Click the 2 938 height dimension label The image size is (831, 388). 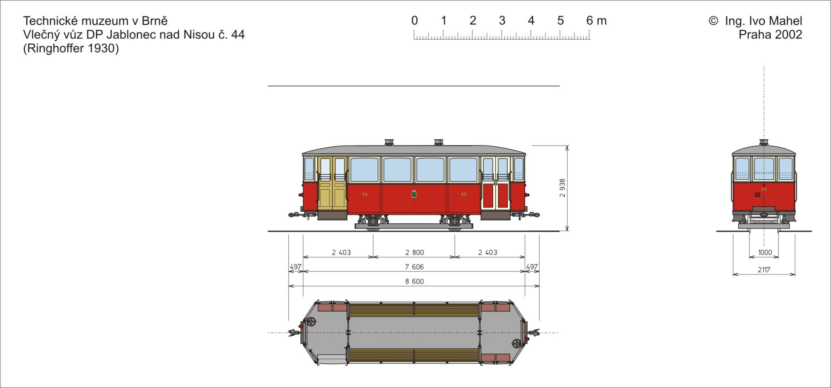[563, 188]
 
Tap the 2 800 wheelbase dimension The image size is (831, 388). [415, 252]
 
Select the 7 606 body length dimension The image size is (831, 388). [415, 267]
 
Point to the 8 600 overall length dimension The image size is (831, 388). [415, 282]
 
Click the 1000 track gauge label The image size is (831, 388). [765, 252]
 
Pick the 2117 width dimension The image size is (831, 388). [764, 270]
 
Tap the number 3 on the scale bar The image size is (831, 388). [502, 20]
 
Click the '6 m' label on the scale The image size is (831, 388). [596, 20]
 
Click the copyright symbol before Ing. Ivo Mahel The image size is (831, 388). [713, 21]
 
